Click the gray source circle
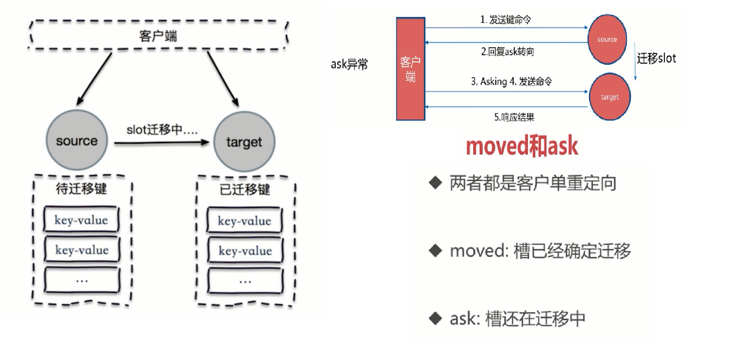click(x=77, y=141)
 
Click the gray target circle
click(x=244, y=142)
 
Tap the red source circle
click(x=607, y=39)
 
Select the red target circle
click(x=610, y=97)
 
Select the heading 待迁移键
click(x=81, y=189)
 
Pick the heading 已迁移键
click(x=245, y=190)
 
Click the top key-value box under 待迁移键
click(x=81, y=220)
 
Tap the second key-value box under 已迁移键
click(x=244, y=251)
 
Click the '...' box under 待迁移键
click(x=81, y=280)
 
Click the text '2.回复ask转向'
click(x=507, y=52)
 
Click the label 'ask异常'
click(x=349, y=65)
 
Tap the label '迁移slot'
click(x=657, y=58)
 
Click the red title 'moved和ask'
click(x=522, y=145)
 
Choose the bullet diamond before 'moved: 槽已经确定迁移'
click(x=436, y=250)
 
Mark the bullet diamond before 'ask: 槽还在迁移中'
click(x=436, y=318)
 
